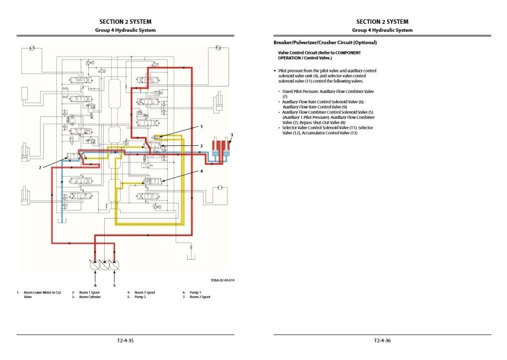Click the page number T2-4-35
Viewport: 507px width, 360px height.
coord(125,341)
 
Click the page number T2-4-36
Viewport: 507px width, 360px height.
coord(382,341)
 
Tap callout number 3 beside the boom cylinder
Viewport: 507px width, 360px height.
coord(232,135)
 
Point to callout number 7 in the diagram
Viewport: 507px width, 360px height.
coord(40,168)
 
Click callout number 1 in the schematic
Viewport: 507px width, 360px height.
coord(202,127)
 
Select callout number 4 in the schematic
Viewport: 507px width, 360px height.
coord(202,171)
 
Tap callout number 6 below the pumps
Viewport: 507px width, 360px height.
coord(95,285)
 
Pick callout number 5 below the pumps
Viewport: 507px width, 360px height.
coord(114,285)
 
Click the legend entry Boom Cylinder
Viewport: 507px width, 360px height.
coord(89,297)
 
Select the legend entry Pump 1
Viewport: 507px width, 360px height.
coord(195,292)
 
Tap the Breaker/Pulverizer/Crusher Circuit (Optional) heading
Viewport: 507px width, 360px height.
coord(325,42)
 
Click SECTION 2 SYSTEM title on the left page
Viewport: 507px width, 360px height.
coord(125,21)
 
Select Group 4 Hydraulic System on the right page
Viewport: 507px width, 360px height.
coord(382,30)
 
